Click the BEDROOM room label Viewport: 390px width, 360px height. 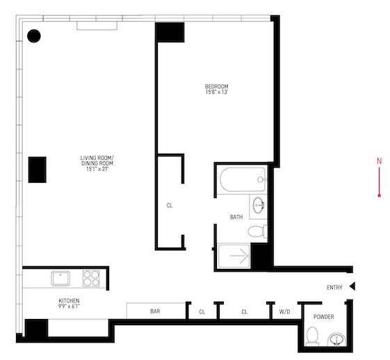217,86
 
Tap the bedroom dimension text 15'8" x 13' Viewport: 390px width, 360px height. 217,92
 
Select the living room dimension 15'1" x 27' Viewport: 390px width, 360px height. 97,169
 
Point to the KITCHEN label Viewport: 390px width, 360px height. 69,301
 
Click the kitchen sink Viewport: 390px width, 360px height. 60,279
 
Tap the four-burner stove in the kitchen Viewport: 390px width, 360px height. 91,279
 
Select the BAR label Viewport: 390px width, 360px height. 155,311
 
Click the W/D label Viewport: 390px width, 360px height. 284,312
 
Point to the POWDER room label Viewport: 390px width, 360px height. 323,317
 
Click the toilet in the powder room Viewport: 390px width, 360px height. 312,336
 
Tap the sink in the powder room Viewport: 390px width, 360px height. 336,339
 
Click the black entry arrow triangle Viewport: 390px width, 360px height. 352,286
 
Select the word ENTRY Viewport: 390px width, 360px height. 334,288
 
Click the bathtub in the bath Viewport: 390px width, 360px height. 243,179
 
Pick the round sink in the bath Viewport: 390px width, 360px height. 259,205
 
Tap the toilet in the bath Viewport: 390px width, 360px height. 257,231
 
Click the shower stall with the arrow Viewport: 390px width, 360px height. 234,256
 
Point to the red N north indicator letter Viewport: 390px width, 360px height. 379,161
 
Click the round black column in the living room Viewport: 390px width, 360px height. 34,36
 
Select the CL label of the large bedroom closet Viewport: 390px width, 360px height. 170,206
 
